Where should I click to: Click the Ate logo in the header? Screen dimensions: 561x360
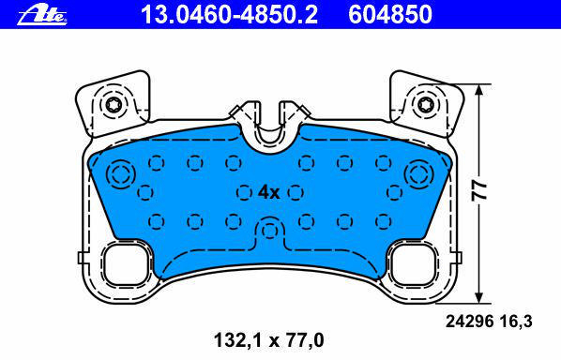pyautogui.click(x=42, y=15)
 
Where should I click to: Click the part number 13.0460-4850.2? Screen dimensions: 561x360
pyautogui.click(x=229, y=15)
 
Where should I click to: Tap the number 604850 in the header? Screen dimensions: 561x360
pyautogui.click(x=390, y=15)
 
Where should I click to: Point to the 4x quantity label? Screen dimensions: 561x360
pyautogui.click(x=268, y=193)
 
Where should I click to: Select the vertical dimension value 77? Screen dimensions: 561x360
pyautogui.click(x=479, y=191)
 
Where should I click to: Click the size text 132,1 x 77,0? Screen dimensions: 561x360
pyautogui.click(x=268, y=340)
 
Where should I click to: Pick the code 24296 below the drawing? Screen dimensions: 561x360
pyautogui.click(x=469, y=322)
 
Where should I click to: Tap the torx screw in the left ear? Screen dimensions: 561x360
pyautogui.click(x=114, y=105)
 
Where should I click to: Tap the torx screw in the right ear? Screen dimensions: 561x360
pyautogui.click(x=426, y=105)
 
